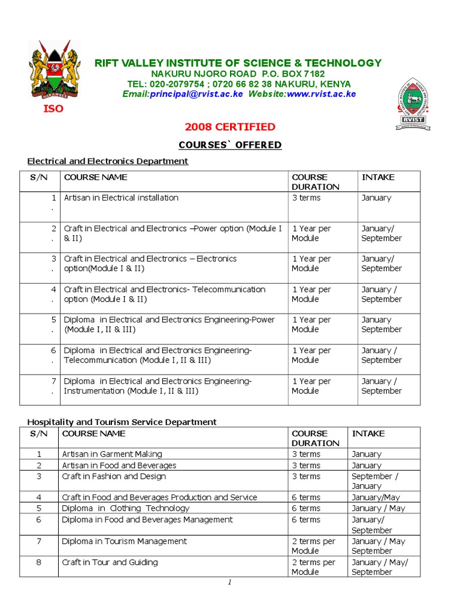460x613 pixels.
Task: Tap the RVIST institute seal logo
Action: click(413, 103)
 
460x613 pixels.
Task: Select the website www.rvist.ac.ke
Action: click(321, 94)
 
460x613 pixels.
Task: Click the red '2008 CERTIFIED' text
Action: click(230, 127)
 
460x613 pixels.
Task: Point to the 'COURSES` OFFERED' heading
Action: click(230, 145)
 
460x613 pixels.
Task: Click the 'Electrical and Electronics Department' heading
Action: click(108, 161)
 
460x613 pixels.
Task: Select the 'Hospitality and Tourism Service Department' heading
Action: click(122, 422)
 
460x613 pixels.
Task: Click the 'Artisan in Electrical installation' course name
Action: click(121, 198)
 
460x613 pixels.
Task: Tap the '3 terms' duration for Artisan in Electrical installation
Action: click(306, 198)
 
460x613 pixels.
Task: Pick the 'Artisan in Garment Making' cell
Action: click(112, 454)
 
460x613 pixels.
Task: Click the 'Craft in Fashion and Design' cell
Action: click(114, 477)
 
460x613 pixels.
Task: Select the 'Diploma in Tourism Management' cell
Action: click(124, 541)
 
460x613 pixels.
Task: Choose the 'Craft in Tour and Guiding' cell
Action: click(110, 562)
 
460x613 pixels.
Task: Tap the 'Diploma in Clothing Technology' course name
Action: click(125, 508)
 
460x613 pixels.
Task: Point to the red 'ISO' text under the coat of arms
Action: click(52, 109)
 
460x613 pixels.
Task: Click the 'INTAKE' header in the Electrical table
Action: click(378, 177)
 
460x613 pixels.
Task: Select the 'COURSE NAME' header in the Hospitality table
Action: click(93, 433)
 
